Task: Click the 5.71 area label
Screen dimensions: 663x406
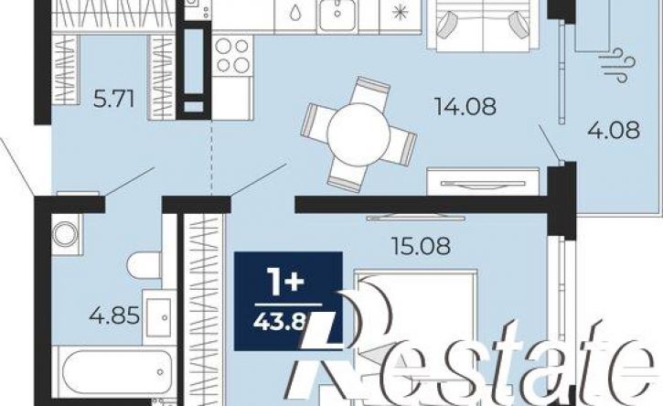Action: click(113, 100)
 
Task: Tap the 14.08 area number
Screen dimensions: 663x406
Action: click(465, 106)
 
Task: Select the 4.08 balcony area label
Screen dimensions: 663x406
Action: click(613, 130)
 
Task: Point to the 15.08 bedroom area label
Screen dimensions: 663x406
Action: click(421, 246)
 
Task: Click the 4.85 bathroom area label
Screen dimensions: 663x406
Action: click(114, 315)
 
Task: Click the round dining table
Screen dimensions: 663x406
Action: click(358, 134)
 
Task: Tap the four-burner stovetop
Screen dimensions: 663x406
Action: click(232, 56)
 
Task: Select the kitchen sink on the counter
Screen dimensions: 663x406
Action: click(337, 16)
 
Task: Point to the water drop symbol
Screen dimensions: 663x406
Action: click(295, 13)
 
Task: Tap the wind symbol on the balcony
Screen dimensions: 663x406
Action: click(618, 65)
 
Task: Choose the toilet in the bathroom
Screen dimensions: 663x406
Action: click(144, 265)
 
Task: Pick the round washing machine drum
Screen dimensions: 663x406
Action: click(65, 234)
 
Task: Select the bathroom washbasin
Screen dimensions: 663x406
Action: click(159, 316)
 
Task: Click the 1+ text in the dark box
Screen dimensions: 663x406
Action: click(287, 283)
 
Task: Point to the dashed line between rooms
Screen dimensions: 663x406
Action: click(211, 158)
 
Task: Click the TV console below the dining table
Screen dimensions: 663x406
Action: click(483, 182)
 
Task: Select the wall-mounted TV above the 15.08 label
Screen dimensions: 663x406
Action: click(416, 219)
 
